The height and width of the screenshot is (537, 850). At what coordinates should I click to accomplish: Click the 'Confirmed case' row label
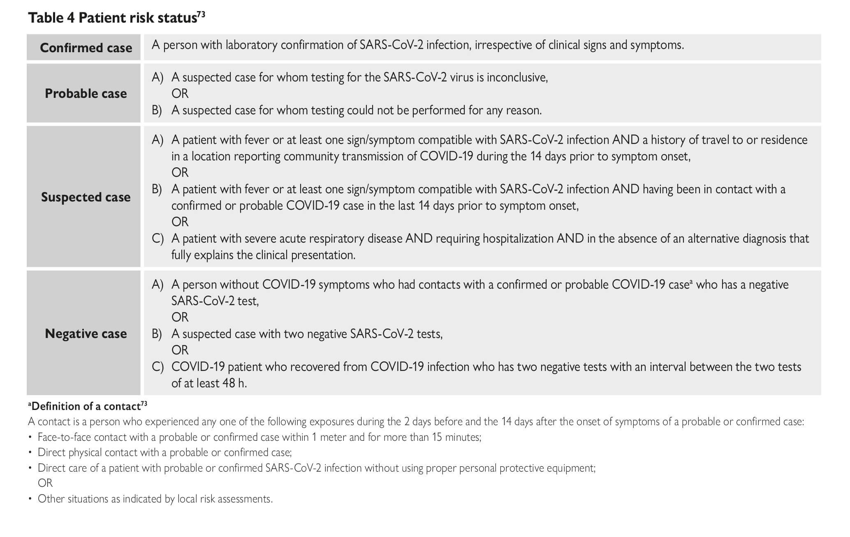point(86,48)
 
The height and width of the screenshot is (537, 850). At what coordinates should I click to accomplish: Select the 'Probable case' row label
point(86,94)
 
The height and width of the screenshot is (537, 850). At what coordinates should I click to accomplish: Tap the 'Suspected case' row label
point(86,197)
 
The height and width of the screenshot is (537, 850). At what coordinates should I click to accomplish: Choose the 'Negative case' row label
point(86,333)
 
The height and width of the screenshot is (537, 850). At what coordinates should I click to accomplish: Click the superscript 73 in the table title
point(201,15)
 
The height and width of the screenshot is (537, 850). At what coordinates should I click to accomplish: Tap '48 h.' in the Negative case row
point(234,383)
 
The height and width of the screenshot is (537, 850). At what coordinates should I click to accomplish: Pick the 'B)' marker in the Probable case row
point(157,110)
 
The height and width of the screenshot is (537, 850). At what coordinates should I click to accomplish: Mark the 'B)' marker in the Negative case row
point(157,333)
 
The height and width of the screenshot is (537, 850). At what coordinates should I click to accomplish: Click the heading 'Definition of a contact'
point(86,407)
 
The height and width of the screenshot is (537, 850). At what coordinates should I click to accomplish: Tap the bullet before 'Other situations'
point(30,499)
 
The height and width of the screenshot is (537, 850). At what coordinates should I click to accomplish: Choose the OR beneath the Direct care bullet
point(45,483)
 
